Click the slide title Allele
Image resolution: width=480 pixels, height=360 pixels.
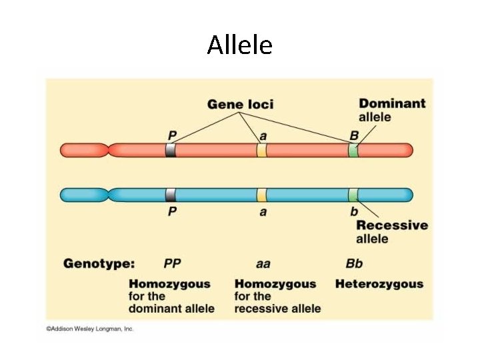pyautogui.click(x=239, y=45)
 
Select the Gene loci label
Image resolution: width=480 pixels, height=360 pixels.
pyautogui.click(x=240, y=104)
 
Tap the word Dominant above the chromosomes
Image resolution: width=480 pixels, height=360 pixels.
pyautogui.click(x=392, y=103)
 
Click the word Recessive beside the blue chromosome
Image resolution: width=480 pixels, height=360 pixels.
pyautogui.click(x=392, y=225)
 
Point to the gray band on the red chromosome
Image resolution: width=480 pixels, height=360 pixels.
pyautogui.click(x=171, y=150)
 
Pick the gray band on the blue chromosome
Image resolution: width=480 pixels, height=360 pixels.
pyautogui.click(x=171, y=195)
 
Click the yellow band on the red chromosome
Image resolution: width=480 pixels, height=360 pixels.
pyautogui.click(x=262, y=150)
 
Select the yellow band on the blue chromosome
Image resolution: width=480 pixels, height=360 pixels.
pyautogui.click(x=262, y=195)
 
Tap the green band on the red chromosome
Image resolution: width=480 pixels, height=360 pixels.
pyautogui.click(x=353, y=150)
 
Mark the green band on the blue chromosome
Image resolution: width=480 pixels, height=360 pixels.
pyautogui.click(x=353, y=195)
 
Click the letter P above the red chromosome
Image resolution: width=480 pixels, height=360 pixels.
pyautogui.click(x=172, y=135)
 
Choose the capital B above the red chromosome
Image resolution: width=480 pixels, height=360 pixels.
pyautogui.click(x=354, y=135)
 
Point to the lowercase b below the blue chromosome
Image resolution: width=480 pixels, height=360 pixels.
pyautogui.click(x=354, y=211)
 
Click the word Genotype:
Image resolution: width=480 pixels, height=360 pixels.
pyautogui.click(x=99, y=263)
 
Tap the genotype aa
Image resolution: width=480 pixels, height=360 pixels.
pyautogui.click(x=263, y=263)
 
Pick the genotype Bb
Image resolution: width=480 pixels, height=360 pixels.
pyautogui.click(x=354, y=263)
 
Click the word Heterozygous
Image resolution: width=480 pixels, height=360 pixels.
pyautogui.click(x=379, y=284)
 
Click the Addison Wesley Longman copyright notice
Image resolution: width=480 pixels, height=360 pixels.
pyautogui.click(x=90, y=329)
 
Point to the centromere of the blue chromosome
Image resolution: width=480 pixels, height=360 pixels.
pyautogui.click(x=109, y=195)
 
